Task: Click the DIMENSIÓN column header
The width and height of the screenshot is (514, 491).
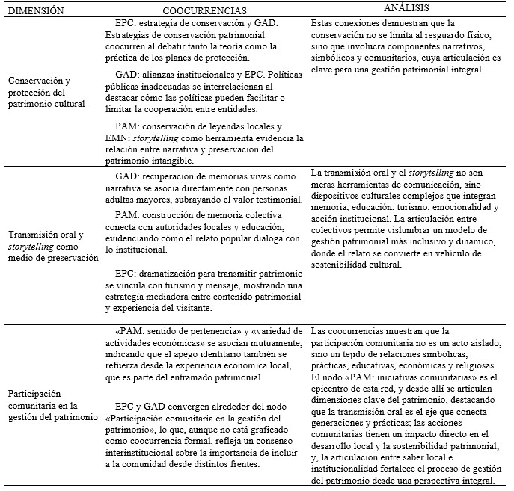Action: pyautogui.click(x=37, y=11)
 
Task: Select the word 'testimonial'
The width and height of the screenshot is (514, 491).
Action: pyautogui.click(x=269, y=200)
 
